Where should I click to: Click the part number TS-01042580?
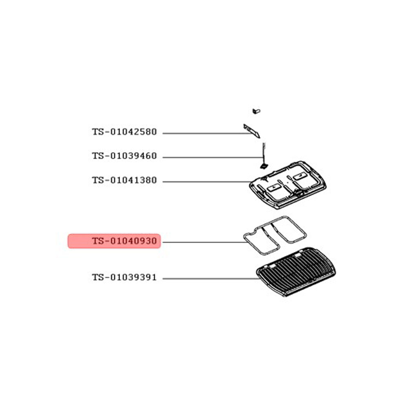[x=124, y=132]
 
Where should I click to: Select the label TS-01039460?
[x=124, y=156]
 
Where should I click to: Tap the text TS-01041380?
[x=124, y=180]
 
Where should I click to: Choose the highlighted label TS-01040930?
[x=124, y=241]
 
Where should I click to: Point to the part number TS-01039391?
[x=124, y=277]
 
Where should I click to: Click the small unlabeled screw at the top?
[x=256, y=111]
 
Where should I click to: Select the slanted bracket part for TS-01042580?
[x=252, y=131]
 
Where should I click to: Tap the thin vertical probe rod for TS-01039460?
[x=264, y=153]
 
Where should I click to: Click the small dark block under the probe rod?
[x=264, y=166]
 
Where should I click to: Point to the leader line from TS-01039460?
[x=213, y=157]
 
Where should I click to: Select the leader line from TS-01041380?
[x=207, y=182]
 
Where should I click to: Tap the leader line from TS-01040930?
[x=204, y=242]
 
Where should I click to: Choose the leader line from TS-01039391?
[x=211, y=279]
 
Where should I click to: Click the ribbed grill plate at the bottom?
[x=296, y=272]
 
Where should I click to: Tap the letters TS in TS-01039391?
[x=98, y=277]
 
